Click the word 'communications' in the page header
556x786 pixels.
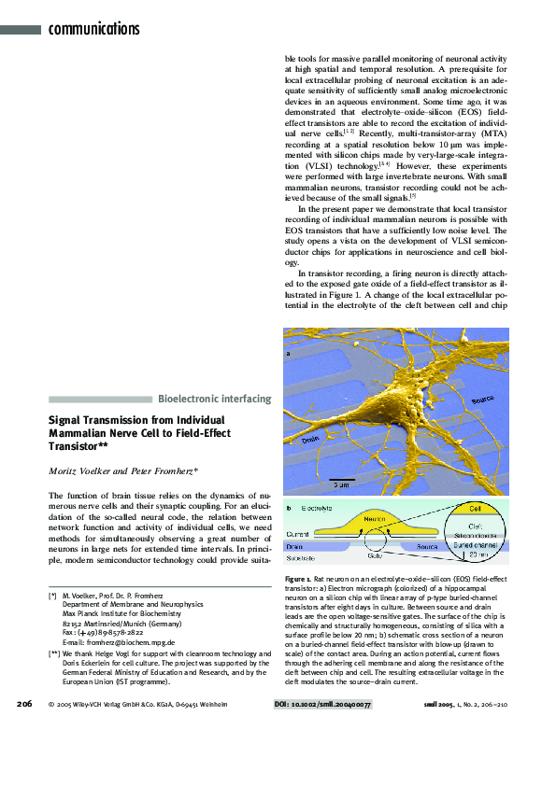click(x=93, y=29)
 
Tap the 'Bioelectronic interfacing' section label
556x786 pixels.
click(x=215, y=399)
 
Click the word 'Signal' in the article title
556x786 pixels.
click(x=67, y=420)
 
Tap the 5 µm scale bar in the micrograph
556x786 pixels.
click(x=341, y=479)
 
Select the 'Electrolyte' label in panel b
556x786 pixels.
click(x=315, y=510)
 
